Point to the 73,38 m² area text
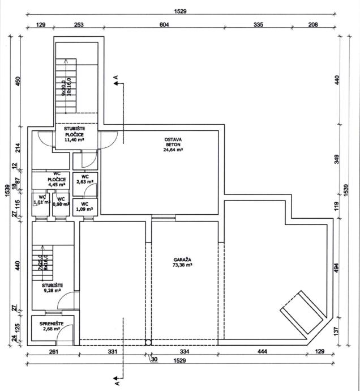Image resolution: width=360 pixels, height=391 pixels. pos(182,265)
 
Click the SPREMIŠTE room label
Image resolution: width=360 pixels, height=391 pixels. pos(51,324)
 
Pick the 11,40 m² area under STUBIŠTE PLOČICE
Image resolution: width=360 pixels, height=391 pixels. pos(74,139)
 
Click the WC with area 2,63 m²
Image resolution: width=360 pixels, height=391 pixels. pos(85,179)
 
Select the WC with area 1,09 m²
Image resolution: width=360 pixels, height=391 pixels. pos(85,207)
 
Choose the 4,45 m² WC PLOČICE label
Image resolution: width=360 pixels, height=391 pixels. pos(57,181)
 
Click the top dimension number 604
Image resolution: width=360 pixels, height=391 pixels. pos(164,24)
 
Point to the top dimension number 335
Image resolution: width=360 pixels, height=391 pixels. pos(259,24)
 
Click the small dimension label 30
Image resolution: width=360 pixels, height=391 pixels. pos(153,358)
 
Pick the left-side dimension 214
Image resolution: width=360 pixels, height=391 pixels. pos(18,149)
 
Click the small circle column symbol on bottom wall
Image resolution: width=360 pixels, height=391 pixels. pos(148,342)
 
